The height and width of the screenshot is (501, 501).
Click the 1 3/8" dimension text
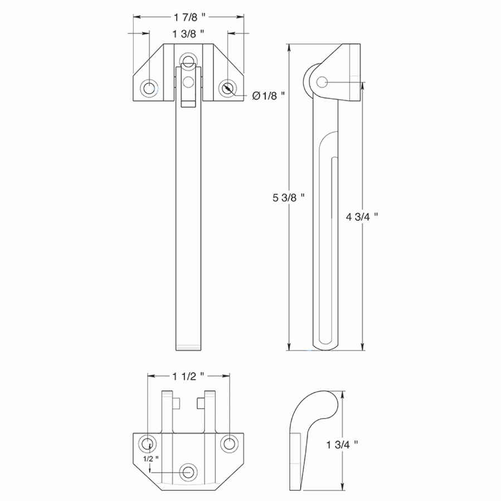click(189, 34)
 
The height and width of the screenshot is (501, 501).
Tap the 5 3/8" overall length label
click(289, 197)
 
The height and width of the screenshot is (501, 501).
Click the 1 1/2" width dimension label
click(189, 376)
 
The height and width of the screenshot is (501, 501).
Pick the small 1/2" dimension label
click(150, 458)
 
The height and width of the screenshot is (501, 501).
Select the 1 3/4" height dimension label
click(341, 444)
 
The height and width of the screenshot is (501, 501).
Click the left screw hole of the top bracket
click(149, 88)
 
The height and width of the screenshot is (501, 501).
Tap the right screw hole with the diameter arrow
click(227, 88)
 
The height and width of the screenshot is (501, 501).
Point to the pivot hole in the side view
click(322, 82)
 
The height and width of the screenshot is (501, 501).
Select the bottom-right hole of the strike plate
click(229, 444)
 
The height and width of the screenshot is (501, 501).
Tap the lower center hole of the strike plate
click(189, 472)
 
